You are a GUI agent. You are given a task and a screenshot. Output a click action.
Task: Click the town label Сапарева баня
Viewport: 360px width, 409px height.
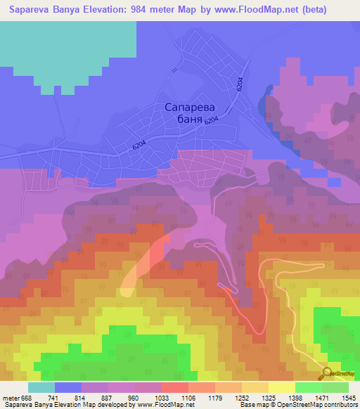(x=189, y=114)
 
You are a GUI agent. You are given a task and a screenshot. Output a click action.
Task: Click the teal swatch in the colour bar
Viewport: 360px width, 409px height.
(x=41, y=388)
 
